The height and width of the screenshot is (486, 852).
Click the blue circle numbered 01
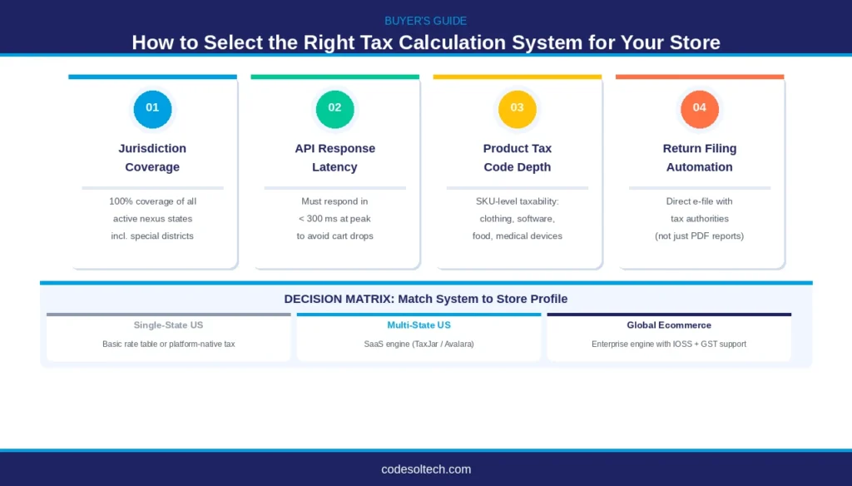[x=152, y=108]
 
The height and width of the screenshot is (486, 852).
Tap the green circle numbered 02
[x=334, y=108]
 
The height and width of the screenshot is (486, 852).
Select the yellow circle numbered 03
[x=517, y=108]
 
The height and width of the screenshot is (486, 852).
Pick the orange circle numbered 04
[x=699, y=108]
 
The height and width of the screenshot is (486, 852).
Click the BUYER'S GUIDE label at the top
[x=425, y=20]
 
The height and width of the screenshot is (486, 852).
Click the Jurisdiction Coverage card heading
[x=152, y=157]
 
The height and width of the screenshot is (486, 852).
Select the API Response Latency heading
[x=334, y=157]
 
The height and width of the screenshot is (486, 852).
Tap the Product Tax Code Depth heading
[x=517, y=157]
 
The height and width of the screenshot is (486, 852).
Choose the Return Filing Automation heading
[x=699, y=157]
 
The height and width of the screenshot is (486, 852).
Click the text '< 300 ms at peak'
[x=334, y=218]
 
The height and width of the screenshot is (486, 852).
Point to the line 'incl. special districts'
[x=152, y=236]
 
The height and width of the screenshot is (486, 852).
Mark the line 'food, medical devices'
[x=517, y=236]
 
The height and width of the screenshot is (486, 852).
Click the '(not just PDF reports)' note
[x=699, y=236]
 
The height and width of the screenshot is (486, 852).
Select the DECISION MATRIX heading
[x=425, y=299]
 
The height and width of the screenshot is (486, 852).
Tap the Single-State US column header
[x=168, y=325]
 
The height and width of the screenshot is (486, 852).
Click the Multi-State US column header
[x=419, y=325]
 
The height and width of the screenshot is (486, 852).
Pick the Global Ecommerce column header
[x=669, y=325]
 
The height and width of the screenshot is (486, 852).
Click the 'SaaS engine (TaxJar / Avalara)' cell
[x=419, y=344]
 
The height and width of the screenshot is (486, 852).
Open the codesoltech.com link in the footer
[x=425, y=469]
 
